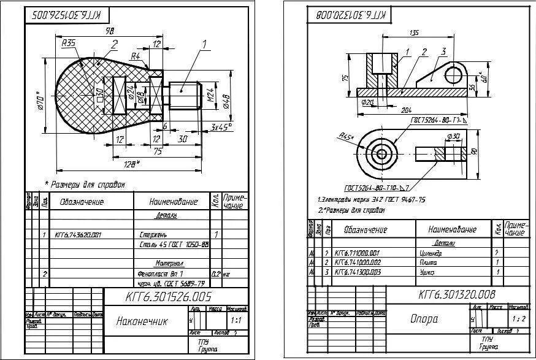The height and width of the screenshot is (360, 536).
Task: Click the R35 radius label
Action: click(69, 43)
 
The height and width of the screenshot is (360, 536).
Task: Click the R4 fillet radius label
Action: click(136, 56)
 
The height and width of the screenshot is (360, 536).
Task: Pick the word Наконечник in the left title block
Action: click(141, 321)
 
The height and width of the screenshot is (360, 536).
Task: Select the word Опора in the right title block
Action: click(424, 319)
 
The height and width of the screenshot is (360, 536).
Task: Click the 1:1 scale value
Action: click(235, 320)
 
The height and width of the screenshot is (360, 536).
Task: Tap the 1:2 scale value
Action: click(518, 319)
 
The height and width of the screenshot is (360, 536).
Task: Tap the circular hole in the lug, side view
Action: click(453, 75)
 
